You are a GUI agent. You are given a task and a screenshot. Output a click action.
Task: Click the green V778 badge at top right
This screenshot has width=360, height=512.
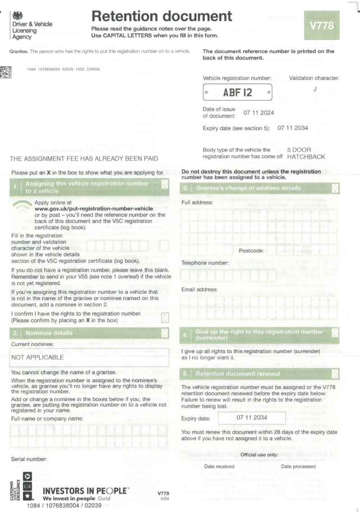pos(322,25)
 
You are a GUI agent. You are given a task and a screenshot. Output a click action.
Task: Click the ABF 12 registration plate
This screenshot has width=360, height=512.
pos(238,93)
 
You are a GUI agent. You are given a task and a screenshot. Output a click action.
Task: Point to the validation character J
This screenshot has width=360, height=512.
pos(314,89)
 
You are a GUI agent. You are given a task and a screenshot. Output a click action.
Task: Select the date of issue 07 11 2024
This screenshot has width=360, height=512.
pos(259,113)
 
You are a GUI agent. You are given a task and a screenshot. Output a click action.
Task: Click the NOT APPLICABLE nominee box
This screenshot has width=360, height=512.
pos(90,357)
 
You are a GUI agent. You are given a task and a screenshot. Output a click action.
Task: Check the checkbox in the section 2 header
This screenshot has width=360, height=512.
pos(165,333)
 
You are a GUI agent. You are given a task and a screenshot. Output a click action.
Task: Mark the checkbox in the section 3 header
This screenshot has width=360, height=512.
pos(335,188)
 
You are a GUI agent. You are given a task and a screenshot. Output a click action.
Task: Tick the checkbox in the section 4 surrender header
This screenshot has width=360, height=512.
pos(335,333)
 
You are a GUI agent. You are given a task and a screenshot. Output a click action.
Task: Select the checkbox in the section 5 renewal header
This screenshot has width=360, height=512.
pos(335,374)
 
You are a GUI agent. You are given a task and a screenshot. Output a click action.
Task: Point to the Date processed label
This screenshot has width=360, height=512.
pos(298,466)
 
